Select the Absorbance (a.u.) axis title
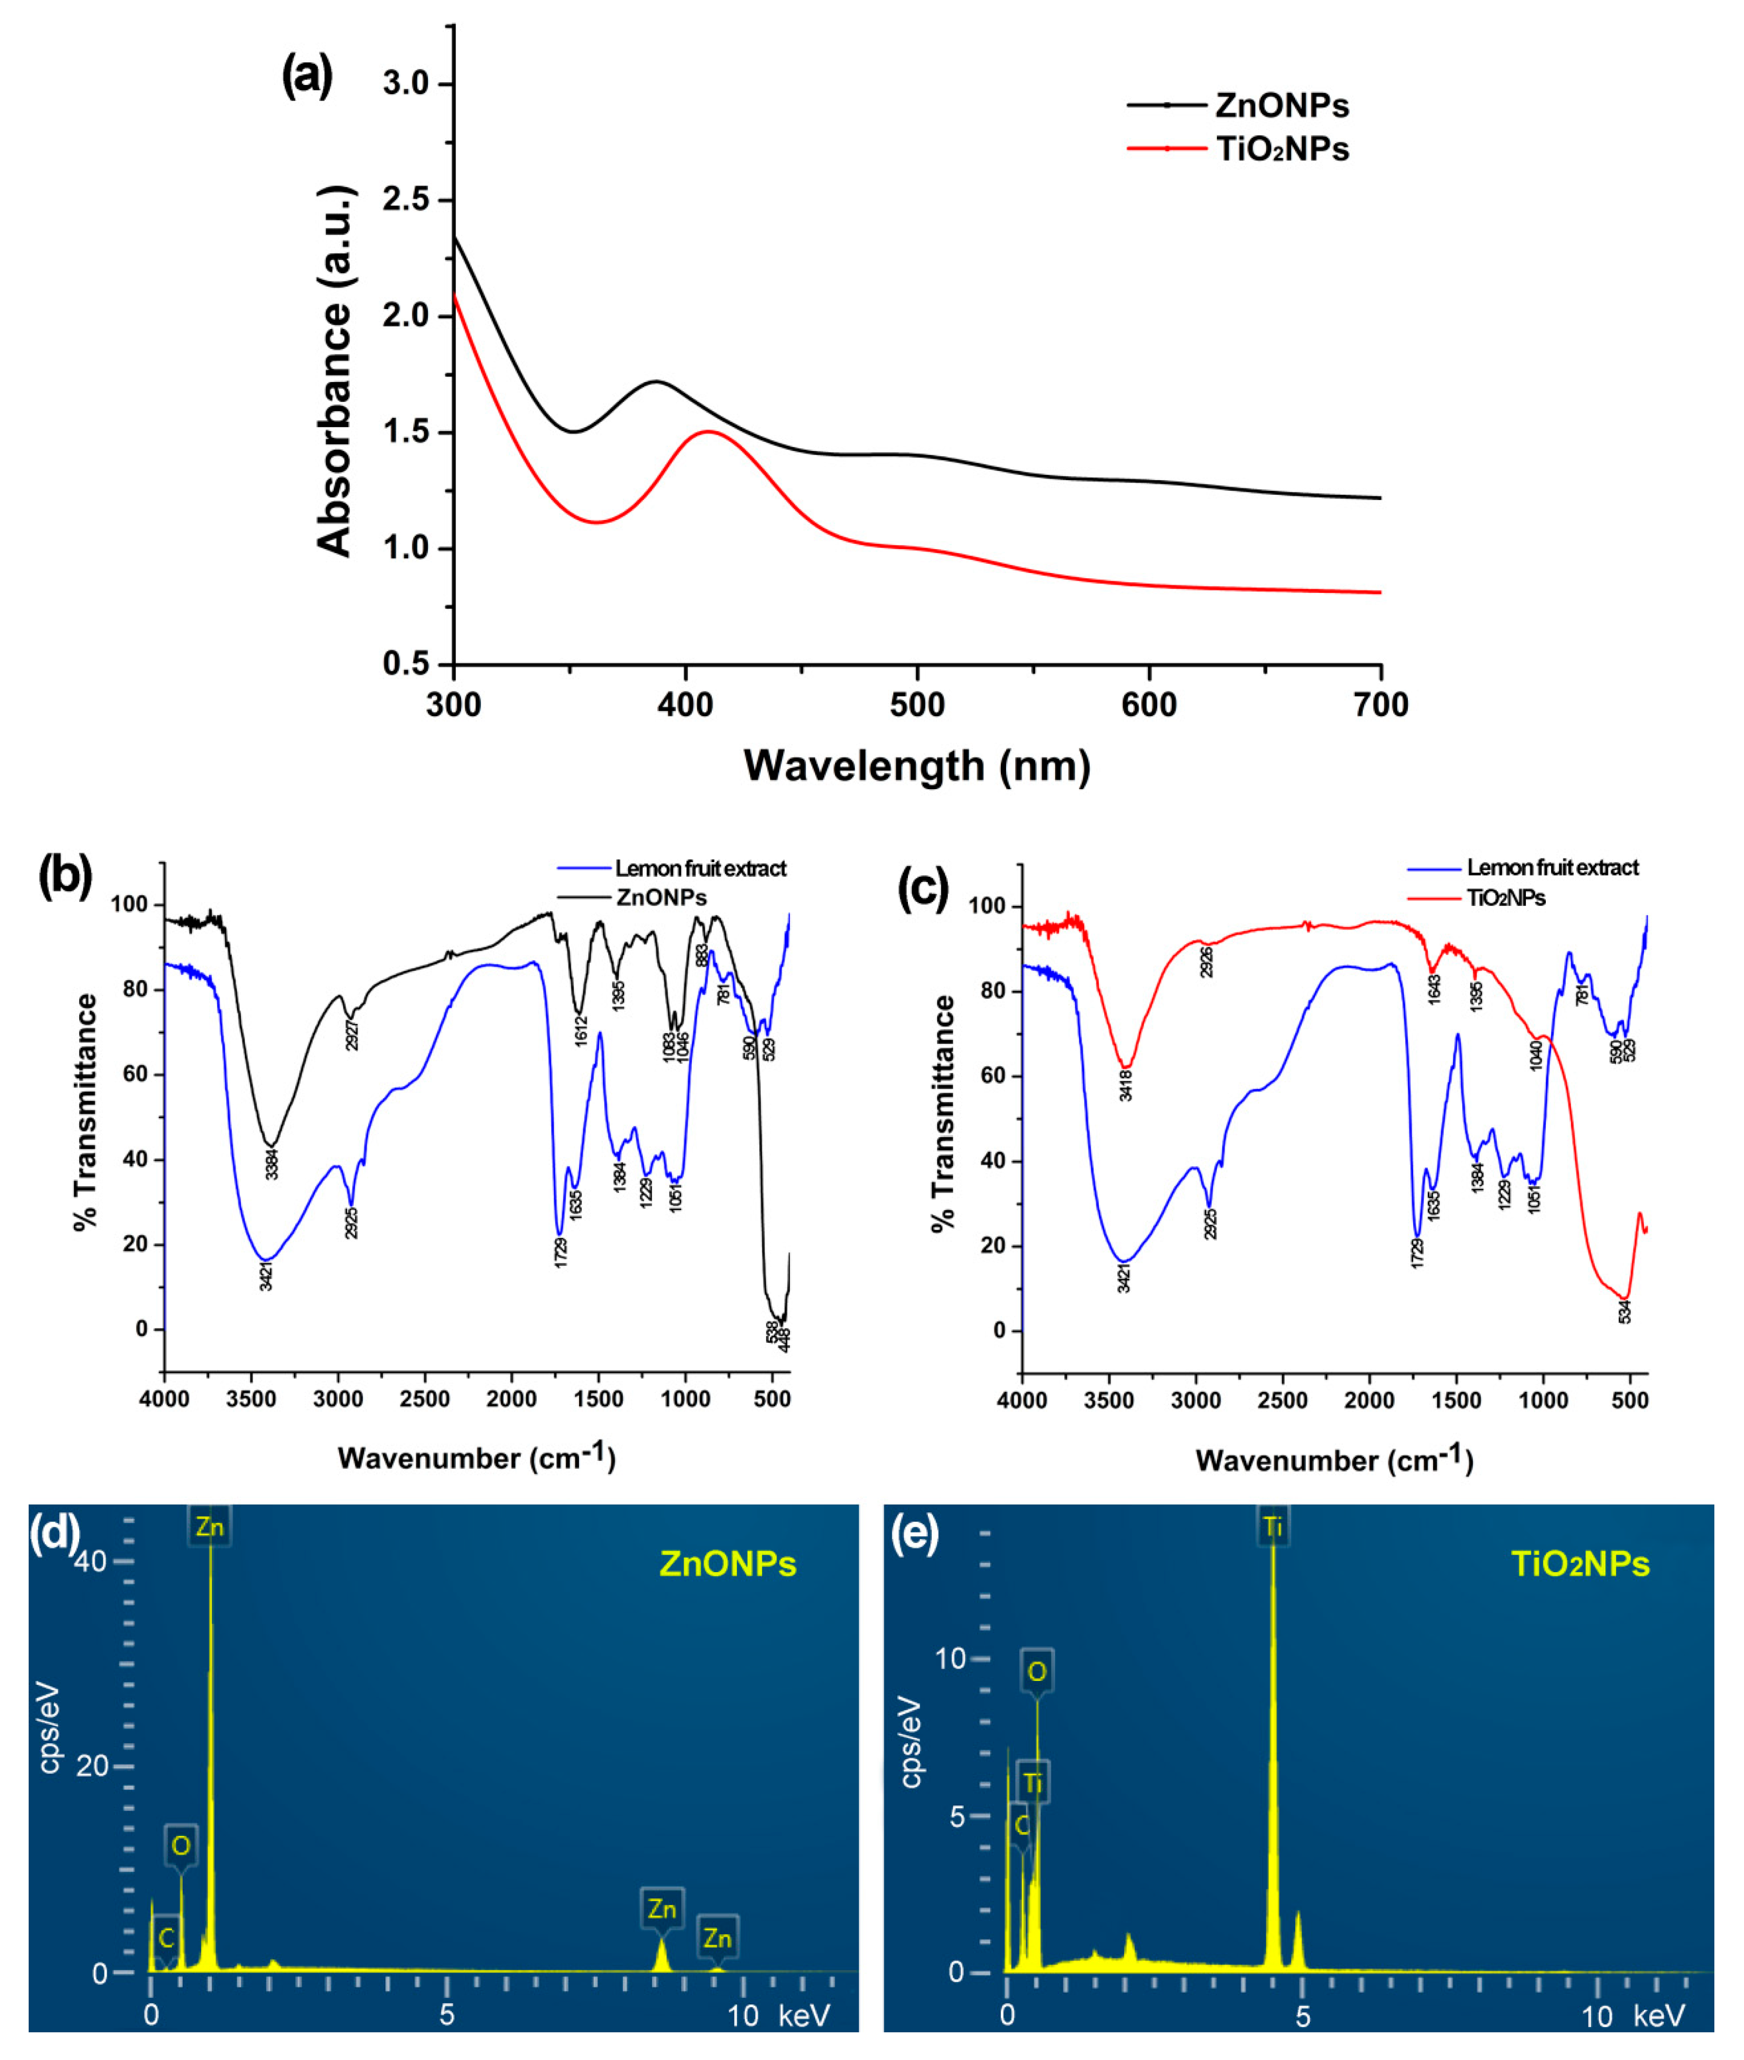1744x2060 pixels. [x=334, y=371]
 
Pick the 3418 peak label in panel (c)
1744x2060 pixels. [x=1125, y=1085]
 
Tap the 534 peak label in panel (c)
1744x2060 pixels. [x=1624, y=1311]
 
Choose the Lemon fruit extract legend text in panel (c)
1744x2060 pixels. [x=1552, y=867]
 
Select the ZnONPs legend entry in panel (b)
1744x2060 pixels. [x=660, y=897]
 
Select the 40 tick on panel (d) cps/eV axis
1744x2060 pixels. [x=91, y=1560]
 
